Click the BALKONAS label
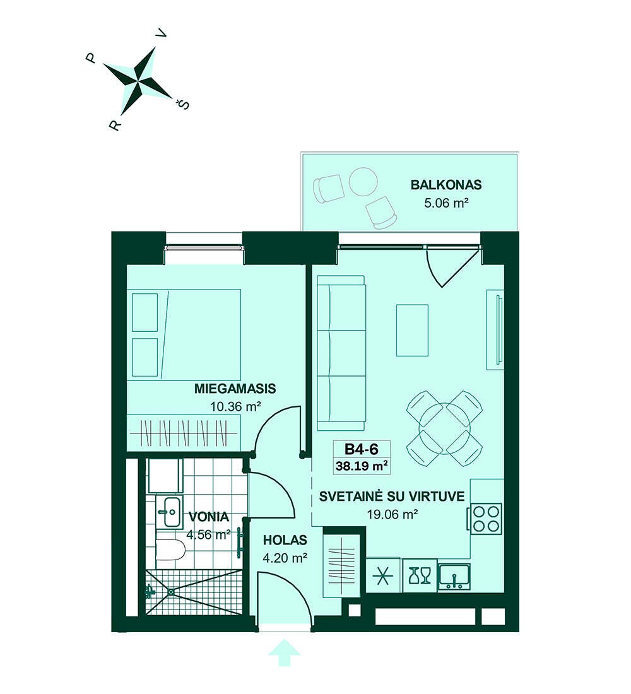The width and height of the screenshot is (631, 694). coord(446,185)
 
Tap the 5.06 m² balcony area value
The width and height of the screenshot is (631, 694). coord(446,203)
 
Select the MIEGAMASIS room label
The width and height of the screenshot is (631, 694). coord(235,389)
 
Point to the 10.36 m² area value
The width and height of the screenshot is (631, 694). coord(235,406)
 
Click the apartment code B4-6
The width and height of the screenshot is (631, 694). coord(362,449)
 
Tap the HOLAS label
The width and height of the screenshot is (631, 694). coord(285,540)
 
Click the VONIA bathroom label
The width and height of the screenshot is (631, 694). coord(209,517)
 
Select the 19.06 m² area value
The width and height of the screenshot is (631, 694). coord(392,514)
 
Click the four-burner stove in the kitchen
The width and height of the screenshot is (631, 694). coord(487,518)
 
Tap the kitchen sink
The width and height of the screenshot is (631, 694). coord(454,577)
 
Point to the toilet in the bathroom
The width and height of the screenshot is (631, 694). coord(170,551)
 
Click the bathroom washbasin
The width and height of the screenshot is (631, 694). coord(169,512)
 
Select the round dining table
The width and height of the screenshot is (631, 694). coord(444,428)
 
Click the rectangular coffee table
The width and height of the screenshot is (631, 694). coord(412,330)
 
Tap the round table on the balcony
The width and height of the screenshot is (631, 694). coord(363,182)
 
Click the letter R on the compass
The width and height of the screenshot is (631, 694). coord(115,126)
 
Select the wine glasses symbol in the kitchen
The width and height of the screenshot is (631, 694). coord(420,575)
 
